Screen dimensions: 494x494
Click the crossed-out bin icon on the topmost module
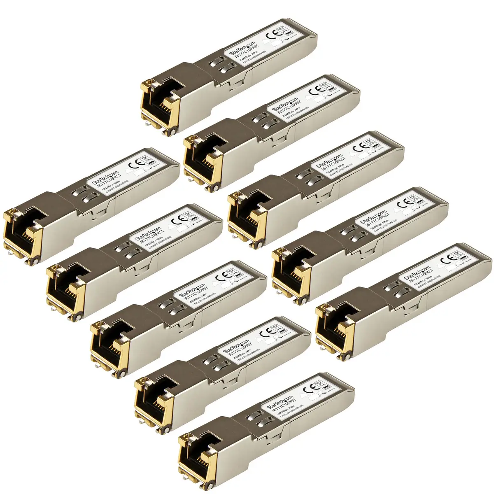282,30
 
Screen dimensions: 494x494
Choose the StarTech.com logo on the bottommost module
280,400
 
